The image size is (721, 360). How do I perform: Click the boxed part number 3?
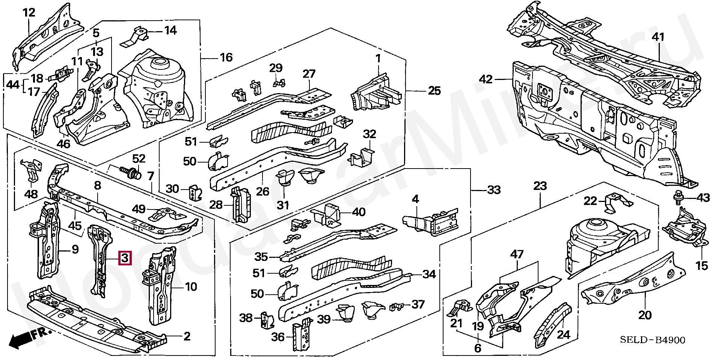click(125, 258)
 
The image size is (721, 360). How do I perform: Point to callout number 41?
click(658, 37)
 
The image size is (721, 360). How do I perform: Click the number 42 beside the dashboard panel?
click(486, 79)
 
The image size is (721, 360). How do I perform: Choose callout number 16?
click(226, 57)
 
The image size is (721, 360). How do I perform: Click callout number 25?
click(434, 91)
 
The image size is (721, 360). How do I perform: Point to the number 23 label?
click(540, 186)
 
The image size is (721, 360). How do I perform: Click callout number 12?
click(29, 12)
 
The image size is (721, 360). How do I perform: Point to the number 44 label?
click(13, 84)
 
